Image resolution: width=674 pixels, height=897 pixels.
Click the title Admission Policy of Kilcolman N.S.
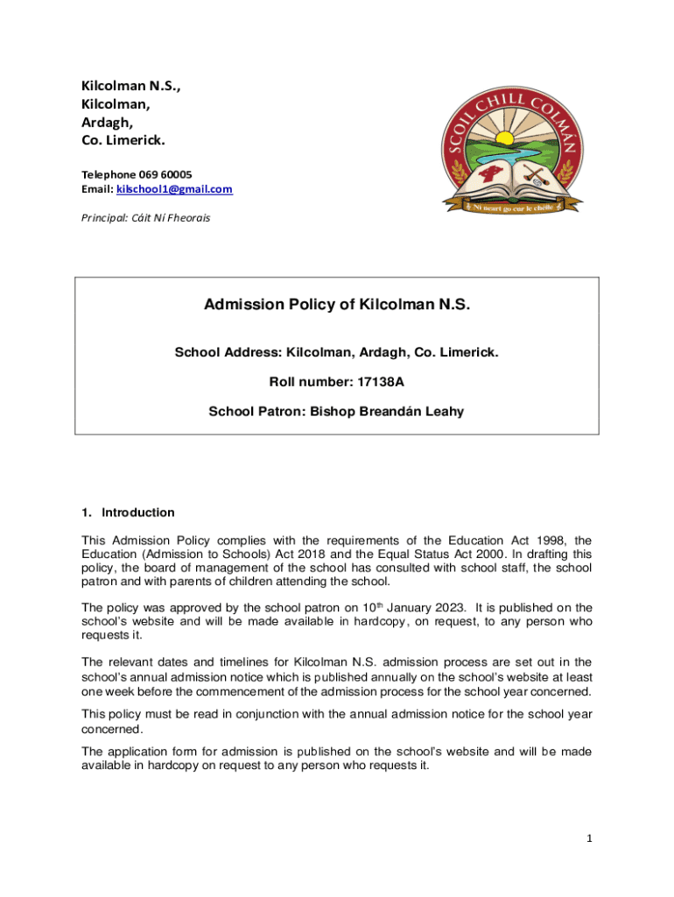point(337,305)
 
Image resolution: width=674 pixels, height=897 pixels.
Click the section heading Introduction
point(138,512)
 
